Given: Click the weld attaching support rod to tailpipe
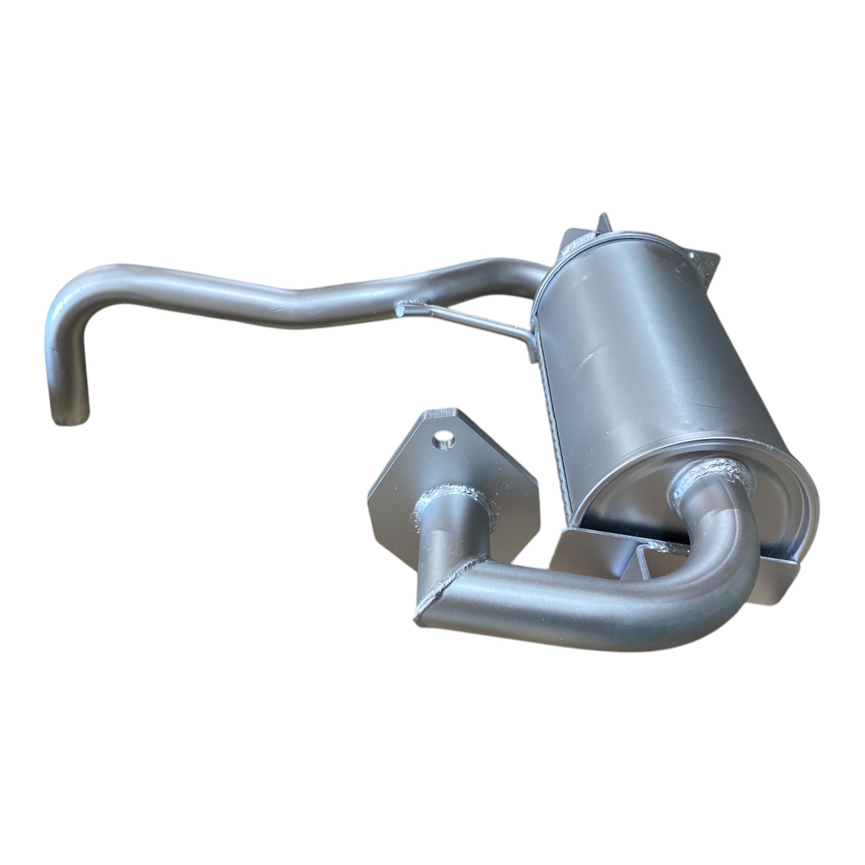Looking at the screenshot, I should tap(410, 308).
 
